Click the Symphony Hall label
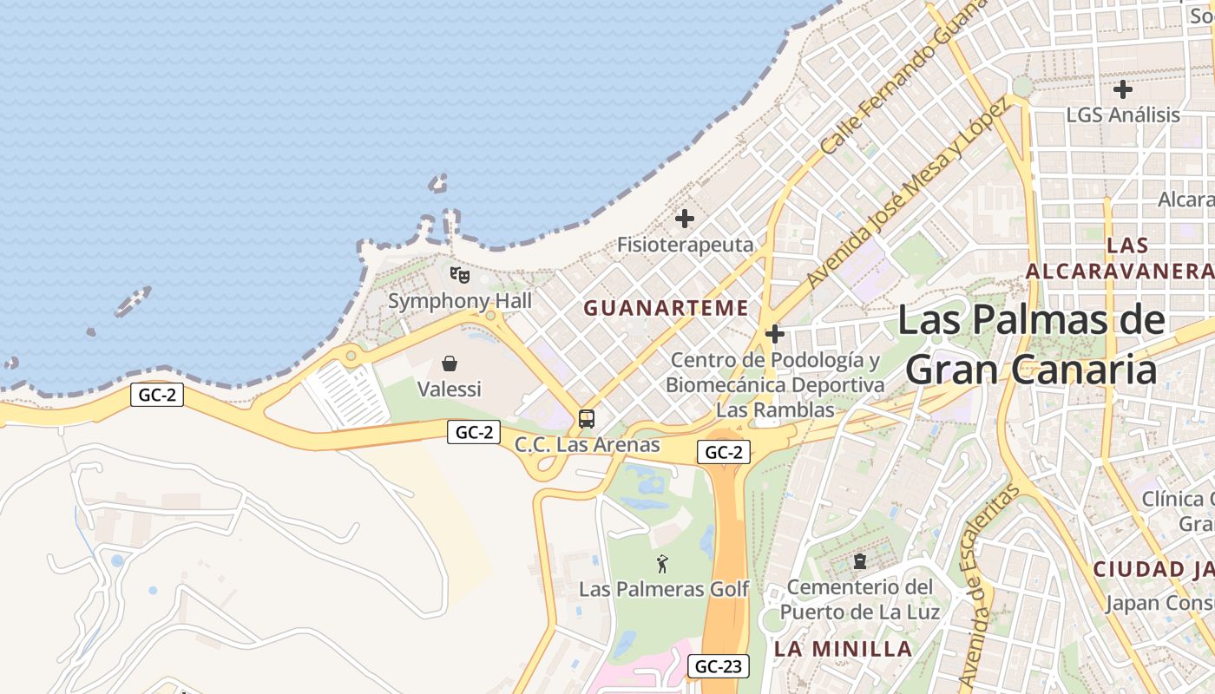pos(460,301)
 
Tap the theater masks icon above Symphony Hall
pos(460,276)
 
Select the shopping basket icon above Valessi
pos(450,363)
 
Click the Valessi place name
pos(450,389)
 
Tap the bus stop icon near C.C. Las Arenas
pos(587,419)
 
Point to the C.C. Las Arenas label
pos(588,445)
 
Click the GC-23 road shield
pos(719,666)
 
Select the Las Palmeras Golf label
pos(664,589)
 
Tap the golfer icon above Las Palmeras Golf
pos(663,564)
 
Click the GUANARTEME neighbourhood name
pos(667,308)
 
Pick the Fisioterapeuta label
pos(686,245)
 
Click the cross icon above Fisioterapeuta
pos(685,219)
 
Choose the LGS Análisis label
pos(1123,115)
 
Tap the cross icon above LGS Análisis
pos(1123,88)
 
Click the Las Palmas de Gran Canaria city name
pos(1032,344)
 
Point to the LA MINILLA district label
pos(843,649)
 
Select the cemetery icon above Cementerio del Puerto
pos(860,561)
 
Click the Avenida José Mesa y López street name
pos(907,193)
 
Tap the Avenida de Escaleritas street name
pos(988,584)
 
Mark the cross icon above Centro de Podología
pos(775,334)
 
